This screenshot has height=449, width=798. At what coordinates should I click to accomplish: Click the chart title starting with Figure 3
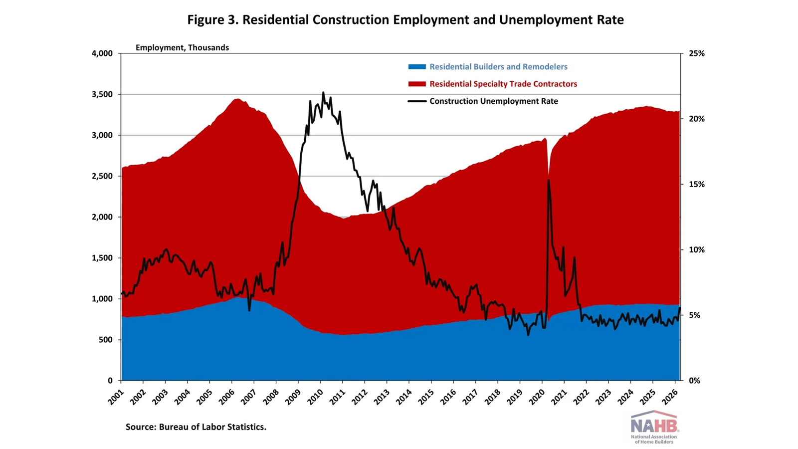[x=405, y=20]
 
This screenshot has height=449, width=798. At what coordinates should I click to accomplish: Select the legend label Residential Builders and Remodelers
[x=498, y=67]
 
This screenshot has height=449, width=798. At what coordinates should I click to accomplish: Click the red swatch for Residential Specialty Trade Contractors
[x=417, y=84]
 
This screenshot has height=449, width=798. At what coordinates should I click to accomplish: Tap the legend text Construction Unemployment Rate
[x=493, y=101]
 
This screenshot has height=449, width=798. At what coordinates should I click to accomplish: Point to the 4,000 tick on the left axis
[x=102, y=53]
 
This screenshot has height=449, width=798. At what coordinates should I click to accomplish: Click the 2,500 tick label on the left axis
[x=102, y=176]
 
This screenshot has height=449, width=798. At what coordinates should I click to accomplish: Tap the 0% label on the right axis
[x=694, y=381]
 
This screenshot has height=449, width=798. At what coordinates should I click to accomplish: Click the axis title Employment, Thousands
[x=182, y=48]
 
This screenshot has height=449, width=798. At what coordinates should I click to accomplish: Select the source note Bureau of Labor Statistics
[x=196, y=427]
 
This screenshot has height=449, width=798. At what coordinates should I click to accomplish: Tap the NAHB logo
[x=654, y=427]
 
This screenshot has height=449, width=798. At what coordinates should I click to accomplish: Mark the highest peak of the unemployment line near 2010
[x=323, y=92]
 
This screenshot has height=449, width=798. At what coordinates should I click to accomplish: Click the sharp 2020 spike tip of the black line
[x=549, y=180]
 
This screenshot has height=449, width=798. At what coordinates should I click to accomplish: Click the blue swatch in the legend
[x=417, y=67]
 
